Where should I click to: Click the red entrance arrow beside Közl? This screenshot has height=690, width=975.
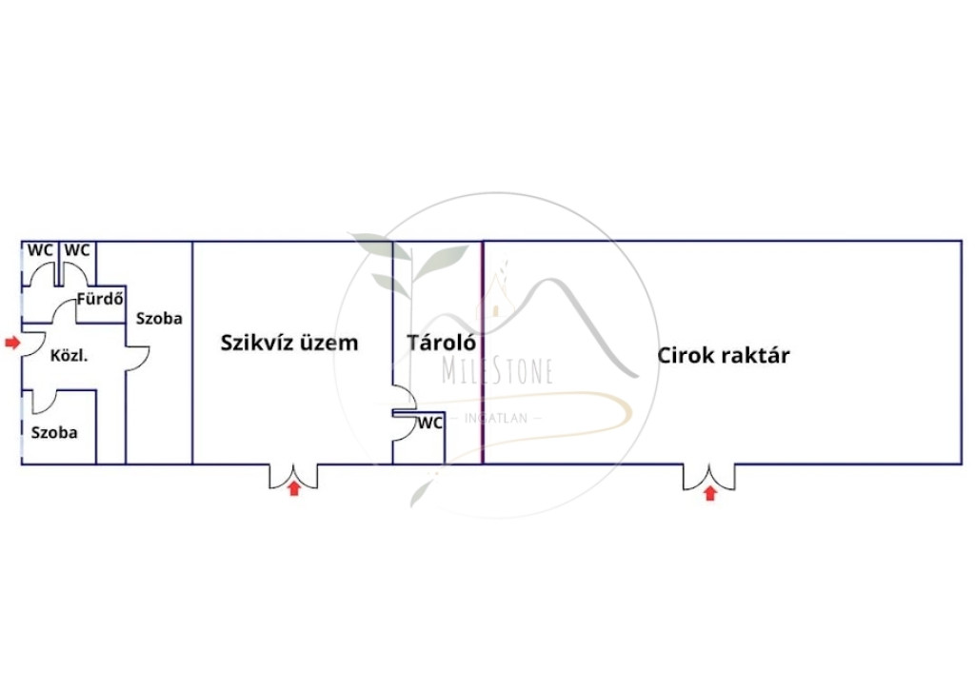(x=12, y=343)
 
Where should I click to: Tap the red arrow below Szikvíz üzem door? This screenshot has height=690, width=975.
(x=294, y=488)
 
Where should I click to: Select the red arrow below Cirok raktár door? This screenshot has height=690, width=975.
(x=709, y=494)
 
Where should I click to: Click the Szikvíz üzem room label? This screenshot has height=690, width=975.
(x=289, y=344)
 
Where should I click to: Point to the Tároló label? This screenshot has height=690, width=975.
(x=442, y=343)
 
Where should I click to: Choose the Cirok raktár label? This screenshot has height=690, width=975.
(x=724, y=355)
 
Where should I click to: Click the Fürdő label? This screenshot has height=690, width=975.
(x=100, y=299)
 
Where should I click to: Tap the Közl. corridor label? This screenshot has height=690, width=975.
(x=69, y=356)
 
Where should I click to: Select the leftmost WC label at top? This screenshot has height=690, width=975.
(x=40, y=250)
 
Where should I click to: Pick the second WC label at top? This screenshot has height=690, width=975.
(x=77, y=250)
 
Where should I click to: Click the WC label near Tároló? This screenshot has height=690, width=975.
(x=429, y=423)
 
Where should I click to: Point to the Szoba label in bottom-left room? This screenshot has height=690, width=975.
(x=54, y=433)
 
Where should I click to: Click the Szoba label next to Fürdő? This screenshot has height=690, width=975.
(x=159, y=318)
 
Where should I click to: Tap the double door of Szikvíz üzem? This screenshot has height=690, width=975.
(x=293, y=477)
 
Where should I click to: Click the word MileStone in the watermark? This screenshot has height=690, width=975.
(x=497, y=371)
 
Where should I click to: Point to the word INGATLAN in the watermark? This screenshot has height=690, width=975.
(x=495, y=419)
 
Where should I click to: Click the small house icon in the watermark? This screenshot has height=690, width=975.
(x=495, y=299)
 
